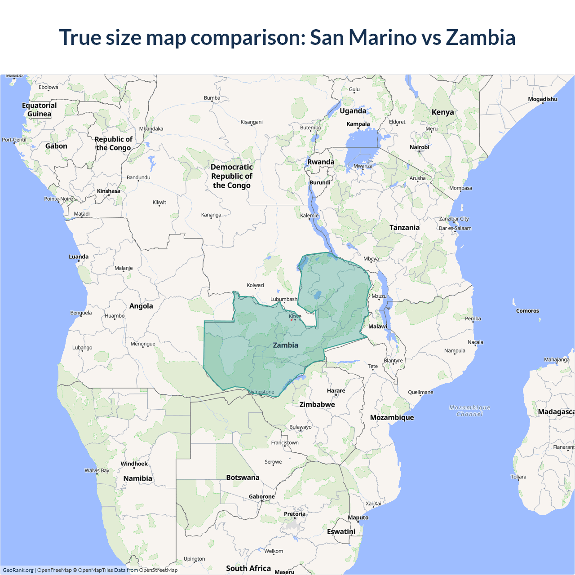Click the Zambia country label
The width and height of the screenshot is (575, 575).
pos(286,345)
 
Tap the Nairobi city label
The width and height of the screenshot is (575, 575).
pos(419,147)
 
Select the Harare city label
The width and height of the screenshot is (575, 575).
pos(336,391)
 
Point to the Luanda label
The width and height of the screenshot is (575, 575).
pos(79,257)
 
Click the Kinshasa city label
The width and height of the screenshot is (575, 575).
pos(109,191)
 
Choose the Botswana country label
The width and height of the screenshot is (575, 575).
pos(243,478)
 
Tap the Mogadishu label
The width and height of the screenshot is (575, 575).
pos(542,99)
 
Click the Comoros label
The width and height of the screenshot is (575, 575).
pos(527,311)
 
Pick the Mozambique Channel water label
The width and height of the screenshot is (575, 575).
pos(469,411)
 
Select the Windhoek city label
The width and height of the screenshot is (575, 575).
pos(134,464)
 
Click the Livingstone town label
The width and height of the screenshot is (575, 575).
pos(261,392)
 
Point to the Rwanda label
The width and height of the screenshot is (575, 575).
pos(321,162)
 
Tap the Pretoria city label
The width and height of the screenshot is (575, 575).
pos(295,514)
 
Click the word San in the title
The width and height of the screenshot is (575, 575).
pos(327,37)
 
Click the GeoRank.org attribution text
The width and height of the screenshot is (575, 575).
pos(18,570)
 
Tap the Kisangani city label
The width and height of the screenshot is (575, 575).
pos(252,122)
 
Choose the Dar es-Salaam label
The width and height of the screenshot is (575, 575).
pos(455,228)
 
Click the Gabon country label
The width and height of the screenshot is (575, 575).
pos(56,146)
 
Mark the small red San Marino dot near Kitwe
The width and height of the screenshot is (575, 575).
pos(292,320)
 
